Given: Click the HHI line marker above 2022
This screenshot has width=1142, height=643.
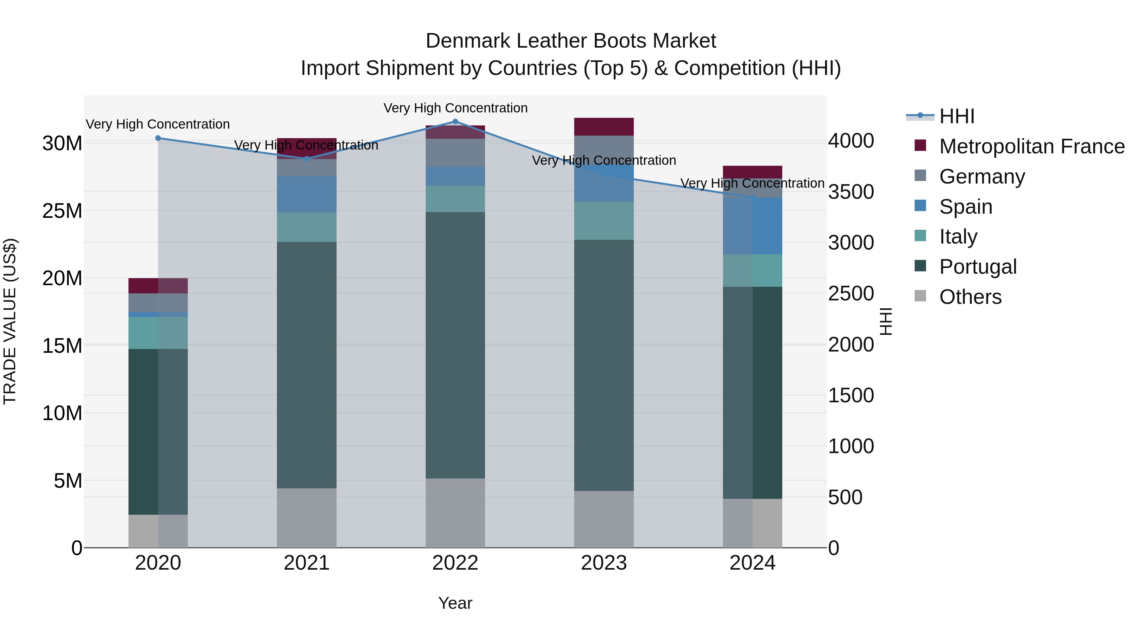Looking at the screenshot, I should click(455, 122).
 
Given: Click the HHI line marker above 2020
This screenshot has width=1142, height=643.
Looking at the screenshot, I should click(158, 138).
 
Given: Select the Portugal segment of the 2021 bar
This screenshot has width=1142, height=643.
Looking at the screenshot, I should click(306, 365).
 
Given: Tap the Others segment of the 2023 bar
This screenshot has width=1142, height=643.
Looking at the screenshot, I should click(603, 519).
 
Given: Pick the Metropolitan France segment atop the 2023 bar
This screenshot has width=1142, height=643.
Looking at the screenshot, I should click(603, 126).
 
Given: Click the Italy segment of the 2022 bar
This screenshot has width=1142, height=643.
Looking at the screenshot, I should click(455, 199).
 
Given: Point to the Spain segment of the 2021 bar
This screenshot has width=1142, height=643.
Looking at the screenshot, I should click(306, 194).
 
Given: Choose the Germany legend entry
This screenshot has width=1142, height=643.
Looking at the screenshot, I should click(981, 177).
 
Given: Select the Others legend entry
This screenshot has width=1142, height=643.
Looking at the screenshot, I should click(970, 297).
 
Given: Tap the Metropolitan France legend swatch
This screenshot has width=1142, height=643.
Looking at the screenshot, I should click(920, 145).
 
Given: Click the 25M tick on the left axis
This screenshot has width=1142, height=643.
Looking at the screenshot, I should click(62, 211).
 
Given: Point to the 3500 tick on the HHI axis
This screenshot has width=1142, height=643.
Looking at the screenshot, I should click(851, 192).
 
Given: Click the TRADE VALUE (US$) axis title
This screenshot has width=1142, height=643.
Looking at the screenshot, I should click(10, 321).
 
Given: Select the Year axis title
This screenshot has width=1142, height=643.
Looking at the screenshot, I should click(455, 603).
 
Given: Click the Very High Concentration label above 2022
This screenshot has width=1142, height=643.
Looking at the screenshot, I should click(455, 108).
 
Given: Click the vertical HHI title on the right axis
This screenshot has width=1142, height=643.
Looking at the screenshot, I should click(885, 321).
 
